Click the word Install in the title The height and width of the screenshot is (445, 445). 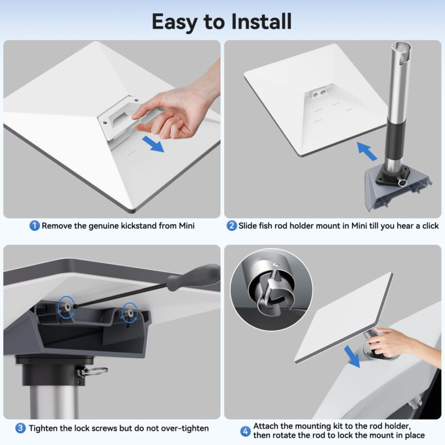tap(261, 22)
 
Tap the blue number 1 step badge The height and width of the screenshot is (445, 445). tap(34, 226)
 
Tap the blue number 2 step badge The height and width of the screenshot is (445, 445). tap(231, 226)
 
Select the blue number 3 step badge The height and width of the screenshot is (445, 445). tap(20, 428)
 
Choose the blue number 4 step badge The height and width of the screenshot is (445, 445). tap(245, 432)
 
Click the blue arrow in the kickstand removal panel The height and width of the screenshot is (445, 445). tap(153, 144)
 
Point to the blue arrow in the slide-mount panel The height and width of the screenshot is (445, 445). tap(367, 151)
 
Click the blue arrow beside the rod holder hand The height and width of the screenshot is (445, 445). tap(352, 357)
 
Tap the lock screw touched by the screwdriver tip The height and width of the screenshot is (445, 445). tap(67, 307)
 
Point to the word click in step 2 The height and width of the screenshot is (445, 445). tap(430, 226)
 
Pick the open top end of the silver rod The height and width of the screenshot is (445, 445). tap(401, 46)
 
